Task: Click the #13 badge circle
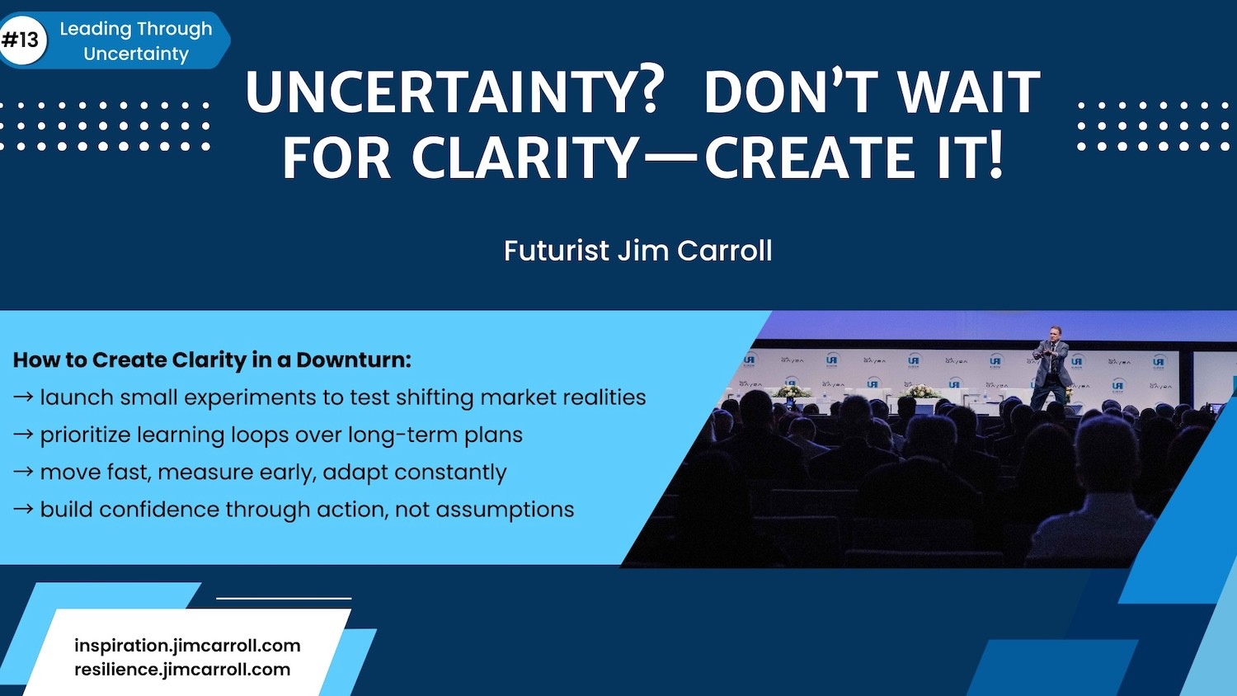coord(22,40)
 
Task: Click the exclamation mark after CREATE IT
coord(995,157)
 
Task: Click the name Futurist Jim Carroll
coord(637,250)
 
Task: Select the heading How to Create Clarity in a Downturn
coord(212,360)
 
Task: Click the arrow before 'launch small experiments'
coord(23,397)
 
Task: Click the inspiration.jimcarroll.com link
coord(187,646)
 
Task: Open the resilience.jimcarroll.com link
coord(182,670)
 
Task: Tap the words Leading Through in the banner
coord(136,29)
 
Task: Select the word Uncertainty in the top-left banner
coord(136,54)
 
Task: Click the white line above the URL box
coord(284,598)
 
